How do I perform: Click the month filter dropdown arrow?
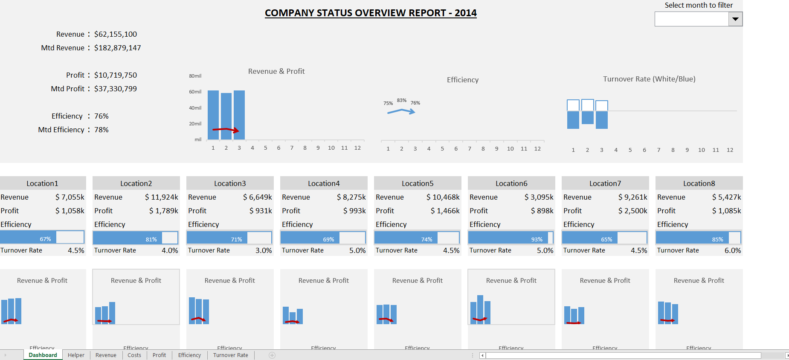pos(735,19)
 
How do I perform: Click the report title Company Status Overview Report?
pos(370,13)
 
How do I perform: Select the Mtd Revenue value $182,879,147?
pos(117,48)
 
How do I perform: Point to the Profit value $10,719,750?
pos(115,75)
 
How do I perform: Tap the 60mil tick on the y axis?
pos(195,92)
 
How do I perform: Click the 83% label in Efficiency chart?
pos(401,100)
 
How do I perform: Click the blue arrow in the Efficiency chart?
pos(401,111)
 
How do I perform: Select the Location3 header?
pos(230,183)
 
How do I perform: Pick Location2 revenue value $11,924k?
pos(161,197)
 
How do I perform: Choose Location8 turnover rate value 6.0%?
pos(732,250)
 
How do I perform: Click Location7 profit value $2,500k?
pos(632,211)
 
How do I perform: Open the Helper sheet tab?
pos(76,355)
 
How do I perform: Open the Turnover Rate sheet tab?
pos(230,355)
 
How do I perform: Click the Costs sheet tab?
pos(134,355)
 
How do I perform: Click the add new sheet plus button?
pos(272,355)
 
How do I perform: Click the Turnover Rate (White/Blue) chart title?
pos(649,79)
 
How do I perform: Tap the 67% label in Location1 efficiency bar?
pos(45,239)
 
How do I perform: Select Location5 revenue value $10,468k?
pos(443,197)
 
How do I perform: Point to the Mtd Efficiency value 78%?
pos(101,130)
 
